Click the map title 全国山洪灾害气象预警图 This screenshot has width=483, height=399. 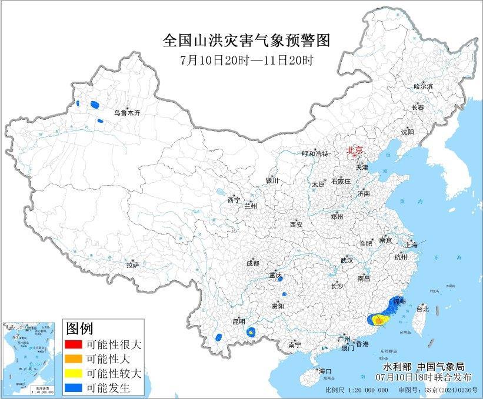point(245,41)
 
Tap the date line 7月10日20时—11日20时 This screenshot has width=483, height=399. point(245,59)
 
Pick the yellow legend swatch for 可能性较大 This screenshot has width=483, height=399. point(73,373)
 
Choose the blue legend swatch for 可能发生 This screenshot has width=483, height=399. point(73,387)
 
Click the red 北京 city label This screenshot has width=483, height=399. point(355,150)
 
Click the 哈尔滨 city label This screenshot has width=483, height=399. point(422,86)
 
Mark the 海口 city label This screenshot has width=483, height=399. point(325,371)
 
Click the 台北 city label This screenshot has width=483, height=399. point(422,309)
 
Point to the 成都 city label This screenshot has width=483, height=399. point(253,263)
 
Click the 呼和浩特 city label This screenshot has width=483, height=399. point(314,153)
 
